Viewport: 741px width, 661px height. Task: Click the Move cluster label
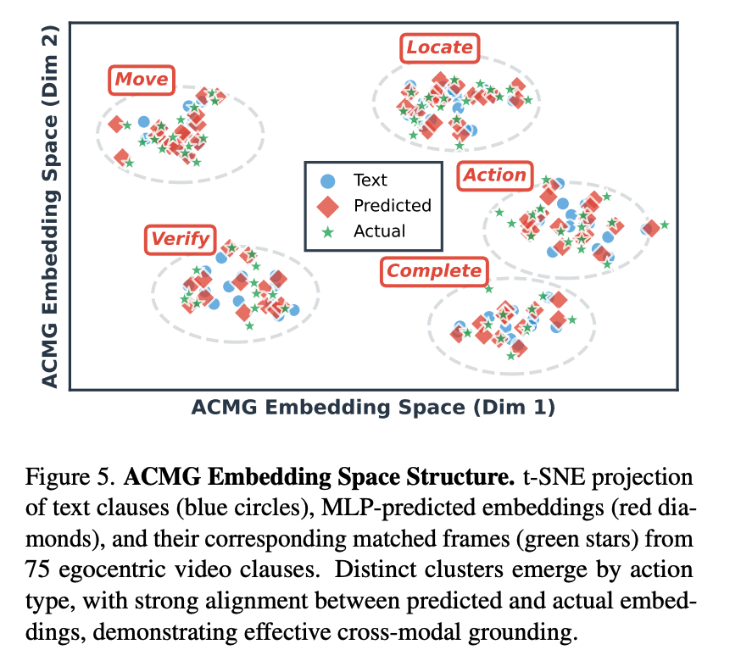pyautogui.click(x=142, y=81)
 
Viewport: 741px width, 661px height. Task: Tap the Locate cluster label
pyautogui.click(x=439, y=47)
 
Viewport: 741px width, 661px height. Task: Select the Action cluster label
pyautogui.click(x=494, y=175)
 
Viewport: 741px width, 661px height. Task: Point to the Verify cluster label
pyautogui.click(x=180, y=239)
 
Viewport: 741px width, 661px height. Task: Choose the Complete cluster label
pyautogui.click(x=433, y=271)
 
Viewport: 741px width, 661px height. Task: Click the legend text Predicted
pyautogui.click(x=392, y=206)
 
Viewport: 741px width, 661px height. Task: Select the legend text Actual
pyautogui.click(x=379, y=231)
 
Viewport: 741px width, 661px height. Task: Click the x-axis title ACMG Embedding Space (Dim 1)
pyautogui.click(x=373, y=408)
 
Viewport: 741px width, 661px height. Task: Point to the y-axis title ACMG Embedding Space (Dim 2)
pyautogui.click(x=50, y=205)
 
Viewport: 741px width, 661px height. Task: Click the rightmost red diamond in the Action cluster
pyautogui.click(x=650, y=227)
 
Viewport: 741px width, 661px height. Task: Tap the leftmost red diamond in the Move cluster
pyautogui.click(x=116, y=125)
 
